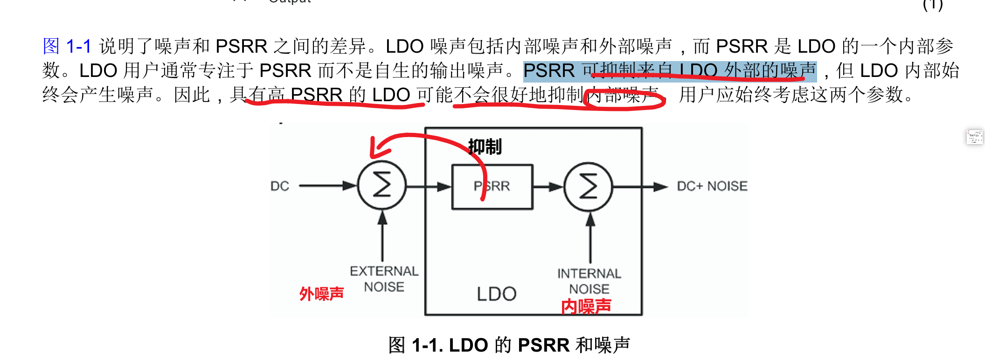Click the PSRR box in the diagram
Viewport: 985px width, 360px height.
point(492,187)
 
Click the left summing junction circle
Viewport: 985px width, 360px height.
point(382,185)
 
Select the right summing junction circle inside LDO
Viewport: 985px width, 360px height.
point(588,187)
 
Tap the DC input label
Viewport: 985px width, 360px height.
point(280,186)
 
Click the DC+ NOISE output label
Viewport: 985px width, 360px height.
point(712,186)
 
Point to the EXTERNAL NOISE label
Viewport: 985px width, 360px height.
point(384,279)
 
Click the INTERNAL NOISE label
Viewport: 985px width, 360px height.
point(589,281)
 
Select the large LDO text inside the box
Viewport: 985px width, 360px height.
point(496,294)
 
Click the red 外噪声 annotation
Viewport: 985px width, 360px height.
point(321,294)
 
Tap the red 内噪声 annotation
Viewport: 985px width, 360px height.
point(586,307)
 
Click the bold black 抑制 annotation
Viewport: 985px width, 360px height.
point(485,147)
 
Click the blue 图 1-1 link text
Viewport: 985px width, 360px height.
point(67,46)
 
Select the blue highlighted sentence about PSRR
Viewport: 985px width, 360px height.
point(669,71)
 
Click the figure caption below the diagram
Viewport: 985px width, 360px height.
point(509,345)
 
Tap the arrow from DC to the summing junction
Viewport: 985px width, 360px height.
point(326,186)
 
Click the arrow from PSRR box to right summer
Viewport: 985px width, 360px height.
point(548,187)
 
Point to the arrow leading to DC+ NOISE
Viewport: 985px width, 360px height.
point(641,187)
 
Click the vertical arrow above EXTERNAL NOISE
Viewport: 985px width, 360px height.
point(382,235)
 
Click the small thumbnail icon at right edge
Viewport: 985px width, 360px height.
point(974,137)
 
